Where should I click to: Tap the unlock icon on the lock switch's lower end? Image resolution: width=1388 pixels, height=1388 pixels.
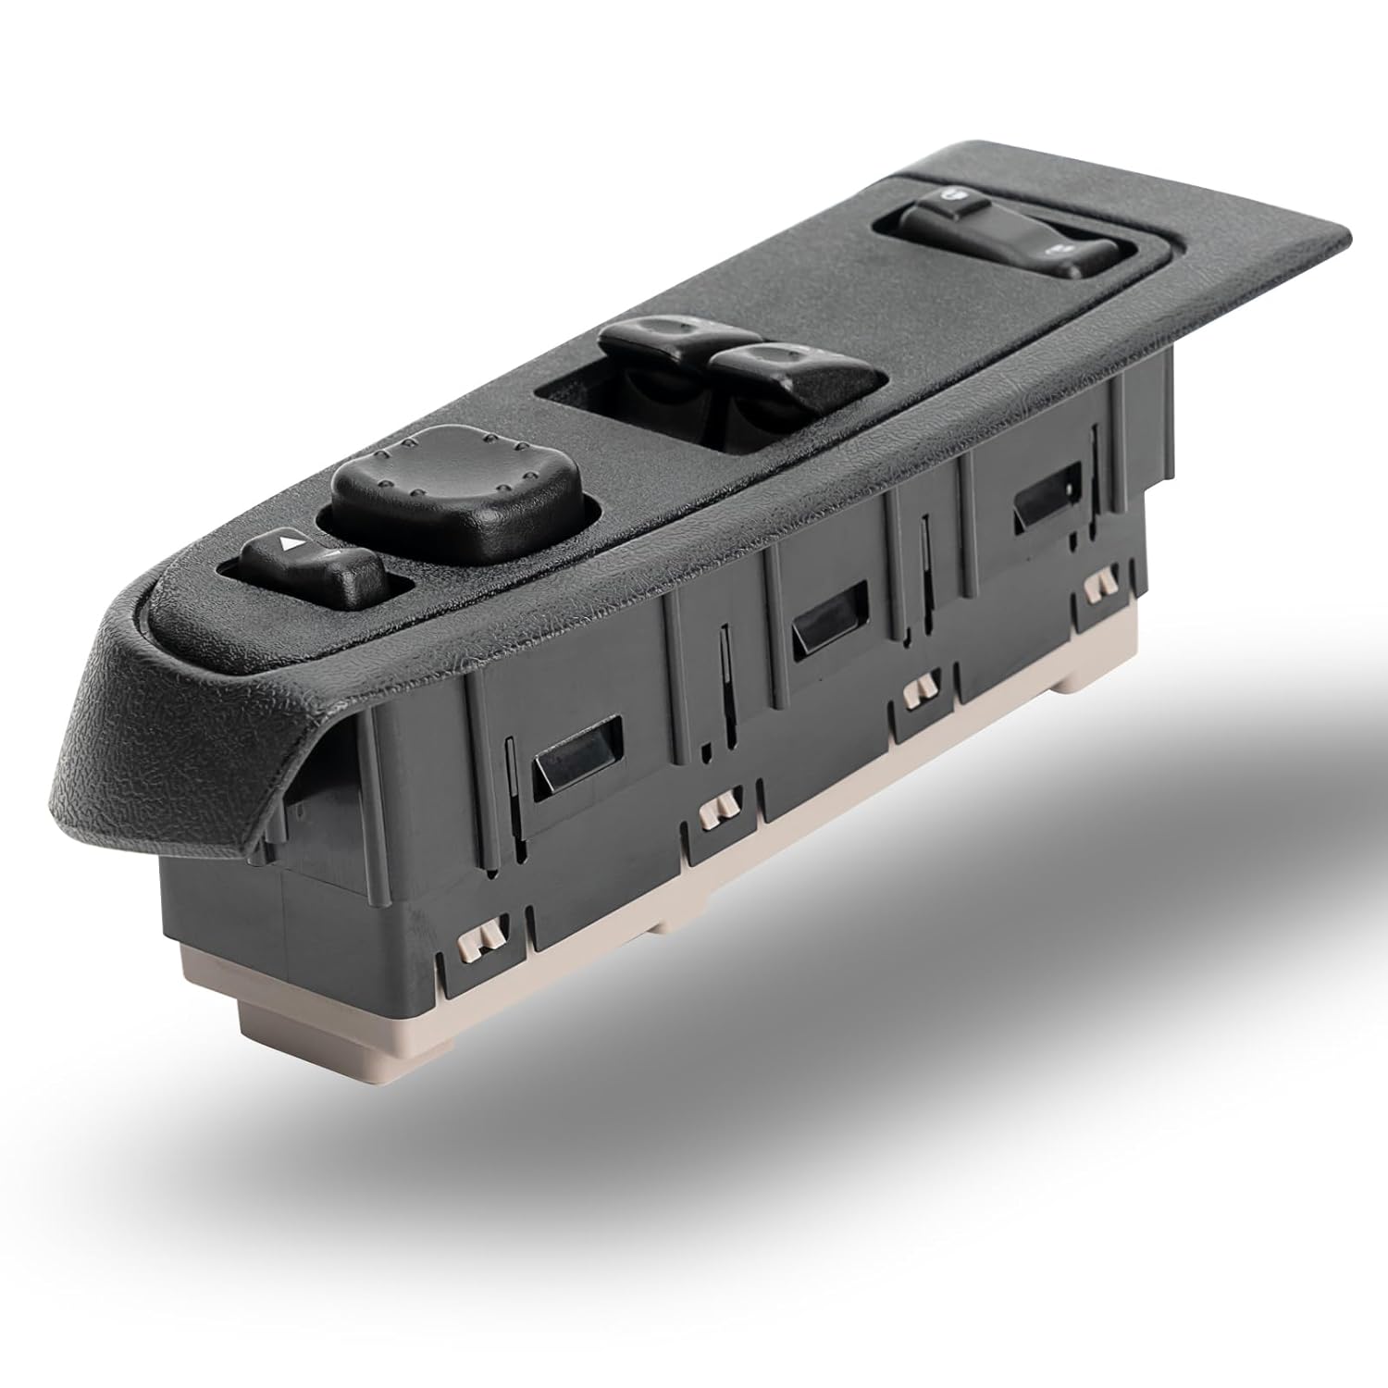point(1057,253)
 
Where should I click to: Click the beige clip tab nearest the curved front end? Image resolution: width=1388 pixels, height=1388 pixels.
point(481,939)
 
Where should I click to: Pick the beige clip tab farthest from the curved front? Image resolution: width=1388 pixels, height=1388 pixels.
point(1098,584)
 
